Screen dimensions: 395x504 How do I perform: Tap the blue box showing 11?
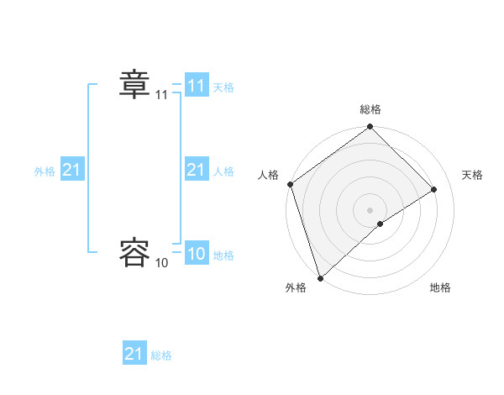coord(197,86)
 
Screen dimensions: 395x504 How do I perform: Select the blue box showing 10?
coord(197,254)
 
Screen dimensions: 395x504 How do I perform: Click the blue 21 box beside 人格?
coord(197,170)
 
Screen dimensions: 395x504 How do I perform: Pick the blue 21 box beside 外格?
coord(72,170)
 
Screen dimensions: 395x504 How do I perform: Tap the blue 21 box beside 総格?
coord(134,354)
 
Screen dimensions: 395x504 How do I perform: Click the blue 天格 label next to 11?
coord(223,87)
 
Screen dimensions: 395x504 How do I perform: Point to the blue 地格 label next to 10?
coord(223,255)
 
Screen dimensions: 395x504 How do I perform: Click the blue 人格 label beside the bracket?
coord(223,171)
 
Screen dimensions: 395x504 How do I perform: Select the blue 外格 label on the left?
coord(45,171)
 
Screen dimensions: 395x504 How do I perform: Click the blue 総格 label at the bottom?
coord(161,355)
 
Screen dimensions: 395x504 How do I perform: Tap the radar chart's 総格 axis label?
coord(370,109)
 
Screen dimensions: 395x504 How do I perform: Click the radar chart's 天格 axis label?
coord(473,175)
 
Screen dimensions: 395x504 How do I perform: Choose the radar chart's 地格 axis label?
coord(440,287)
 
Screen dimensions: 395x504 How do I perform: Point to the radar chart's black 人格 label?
coord(268,175)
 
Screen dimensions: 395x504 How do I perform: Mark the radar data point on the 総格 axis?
coord(370,128)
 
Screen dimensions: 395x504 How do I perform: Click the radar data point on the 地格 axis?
coord(381,224)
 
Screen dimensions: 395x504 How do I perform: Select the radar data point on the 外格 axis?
coord(320,276)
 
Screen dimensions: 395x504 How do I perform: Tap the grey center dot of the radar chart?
coord(370,208)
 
